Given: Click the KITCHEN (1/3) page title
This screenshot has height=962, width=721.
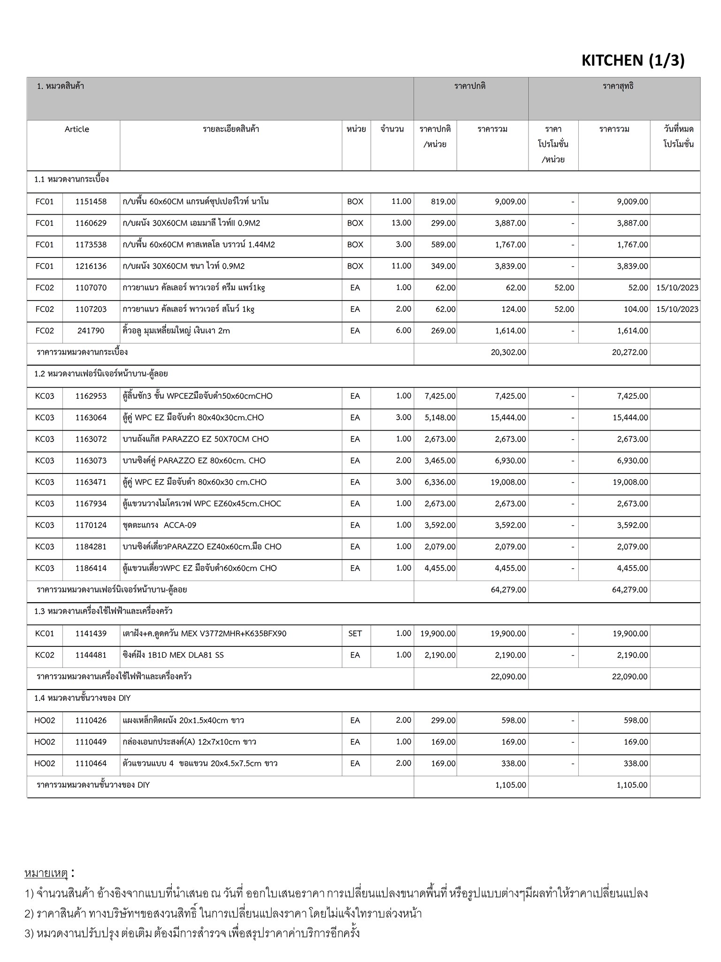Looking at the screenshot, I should point(633,61).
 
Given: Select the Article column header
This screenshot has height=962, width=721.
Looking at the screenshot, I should point(77,129).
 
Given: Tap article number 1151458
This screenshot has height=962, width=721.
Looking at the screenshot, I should point(91,202).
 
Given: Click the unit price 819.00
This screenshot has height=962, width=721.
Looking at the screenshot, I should point(443,202).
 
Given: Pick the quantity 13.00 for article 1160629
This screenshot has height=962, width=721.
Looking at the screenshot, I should point(401,223).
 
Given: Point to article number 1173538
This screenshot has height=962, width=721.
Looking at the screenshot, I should point(91,244).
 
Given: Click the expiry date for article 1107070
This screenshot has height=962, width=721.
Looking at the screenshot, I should point(677,287).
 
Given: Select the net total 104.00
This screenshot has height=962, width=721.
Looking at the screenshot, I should point(636,309).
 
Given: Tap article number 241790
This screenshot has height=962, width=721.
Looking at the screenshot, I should point(91,331).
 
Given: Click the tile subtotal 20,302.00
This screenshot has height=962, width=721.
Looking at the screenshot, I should point(508,352).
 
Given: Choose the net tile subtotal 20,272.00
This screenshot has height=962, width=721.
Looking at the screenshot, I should point(629,352).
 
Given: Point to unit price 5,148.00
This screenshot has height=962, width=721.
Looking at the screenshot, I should point(440,417).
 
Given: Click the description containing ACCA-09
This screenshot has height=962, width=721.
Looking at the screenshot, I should point(160,525).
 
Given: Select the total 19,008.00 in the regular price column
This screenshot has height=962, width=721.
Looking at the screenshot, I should point(508,482).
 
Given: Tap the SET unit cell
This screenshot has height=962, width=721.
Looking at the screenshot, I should point(355,633).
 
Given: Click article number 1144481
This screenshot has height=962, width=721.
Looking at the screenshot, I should point(91,655).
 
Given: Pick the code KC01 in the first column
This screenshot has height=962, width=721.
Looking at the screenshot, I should point(45,633).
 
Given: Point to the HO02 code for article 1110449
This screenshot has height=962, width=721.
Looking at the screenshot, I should point(45,742).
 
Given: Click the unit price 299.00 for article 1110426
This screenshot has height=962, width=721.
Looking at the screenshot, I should point(443,720).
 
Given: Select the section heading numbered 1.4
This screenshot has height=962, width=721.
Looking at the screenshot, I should point(83,698).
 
